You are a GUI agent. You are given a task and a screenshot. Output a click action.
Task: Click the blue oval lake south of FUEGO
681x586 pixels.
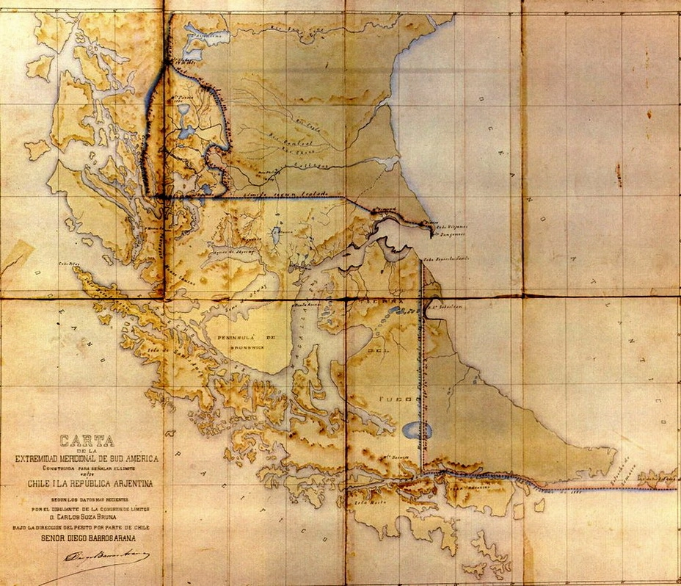coord(417,430)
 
